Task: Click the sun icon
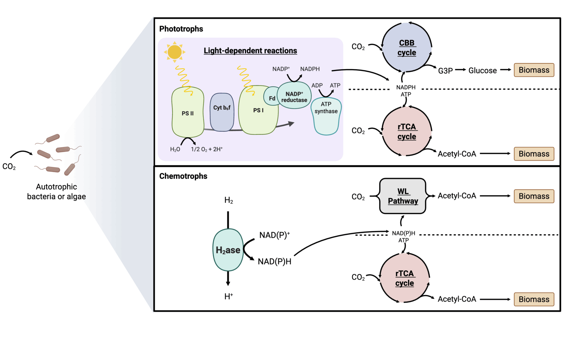click(x=174, y=52)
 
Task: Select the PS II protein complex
click(x=188, y=112)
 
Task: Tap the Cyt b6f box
click(x=222, y=112)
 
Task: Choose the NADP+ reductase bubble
click(x=294, y=96)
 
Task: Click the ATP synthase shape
click(x=326, y=117)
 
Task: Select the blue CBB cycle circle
click(x=407, y=48)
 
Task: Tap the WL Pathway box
click(x=403, y=196)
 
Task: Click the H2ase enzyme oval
click(x=228, y=250)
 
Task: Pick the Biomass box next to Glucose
click(x=534, y=70)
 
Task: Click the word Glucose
click(x=482, y=71)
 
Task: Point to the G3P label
click(x=445, y=71)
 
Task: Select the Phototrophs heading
click(x=181, y=29)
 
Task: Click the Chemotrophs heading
click(x=183, y=176)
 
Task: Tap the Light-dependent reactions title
click(x=250, y=51)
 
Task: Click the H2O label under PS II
click(x=175, y=149)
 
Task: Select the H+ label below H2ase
click(x=228, y=296)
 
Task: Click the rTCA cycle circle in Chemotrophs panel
click(x=405, y=278)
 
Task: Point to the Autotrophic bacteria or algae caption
click(x=56, y=192)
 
